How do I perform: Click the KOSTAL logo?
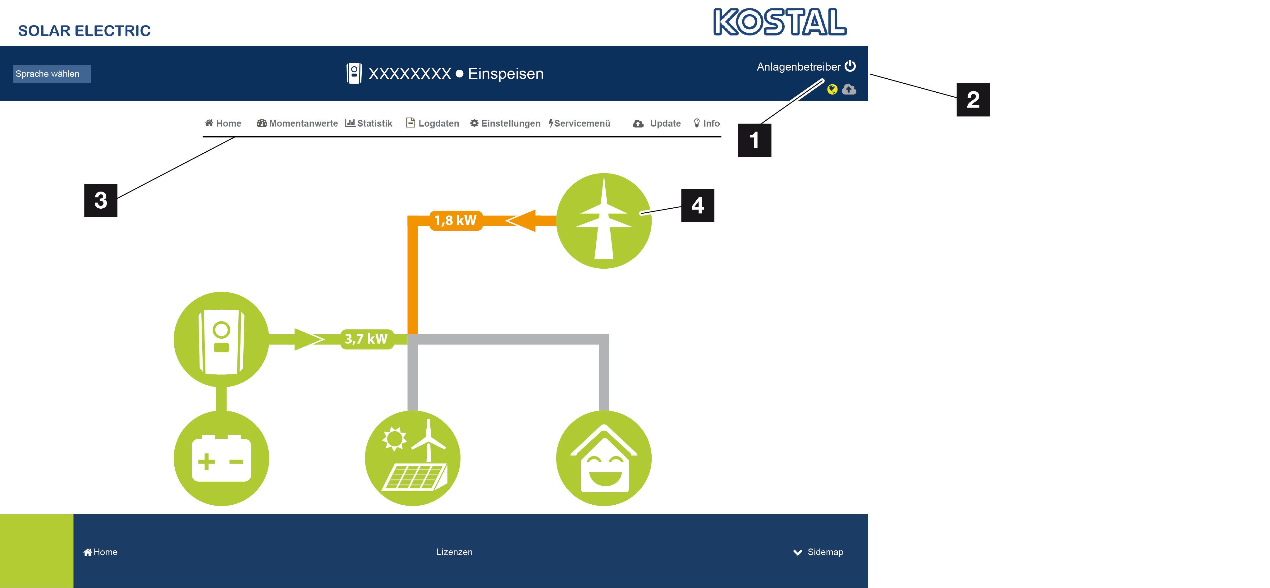point(780,22)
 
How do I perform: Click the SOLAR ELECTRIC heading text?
point(84,30)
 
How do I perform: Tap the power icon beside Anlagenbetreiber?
point(850,66)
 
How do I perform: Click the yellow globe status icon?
point(832,89)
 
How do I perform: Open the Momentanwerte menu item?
point(297,123)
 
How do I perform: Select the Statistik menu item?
point(369,123)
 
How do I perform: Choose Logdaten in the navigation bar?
point(432,123)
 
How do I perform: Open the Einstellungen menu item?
point(505,123)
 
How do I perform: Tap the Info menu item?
point(707,123)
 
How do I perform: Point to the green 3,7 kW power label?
point(366,339)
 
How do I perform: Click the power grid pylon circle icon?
point(604,221)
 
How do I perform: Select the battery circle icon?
point(221,458)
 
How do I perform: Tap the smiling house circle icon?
point(604,458)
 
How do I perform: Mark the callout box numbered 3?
point(101,200)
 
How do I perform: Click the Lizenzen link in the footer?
point(454,552)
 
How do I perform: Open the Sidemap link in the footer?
point(818,552)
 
